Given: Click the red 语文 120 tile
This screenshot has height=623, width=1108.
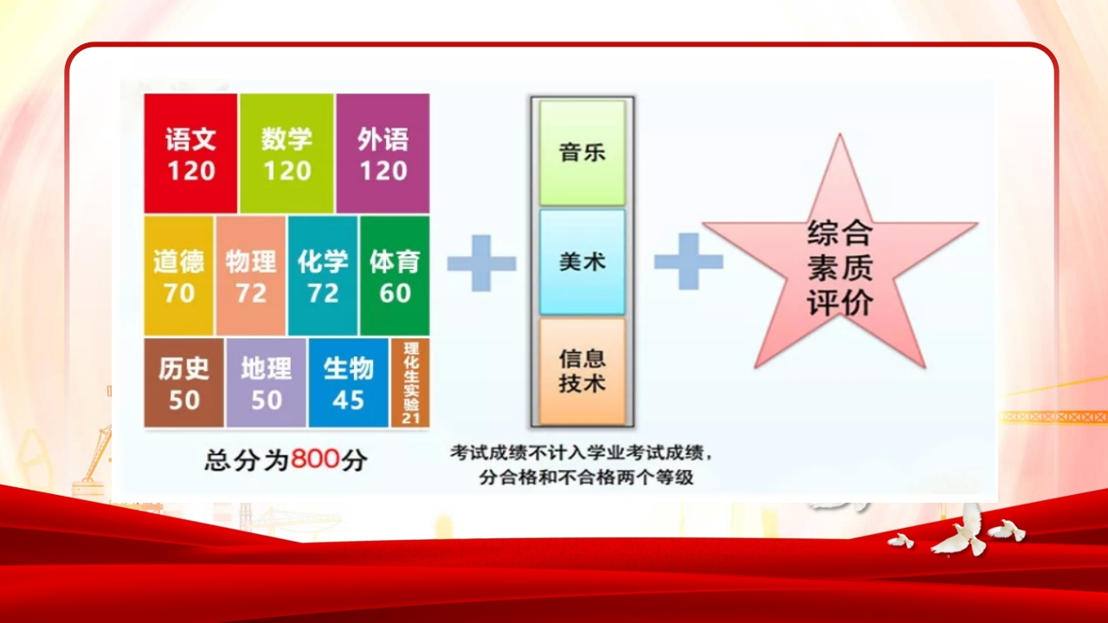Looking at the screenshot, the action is tap(190, 153).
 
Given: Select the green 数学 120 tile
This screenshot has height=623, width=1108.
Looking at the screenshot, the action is tap(287, 153).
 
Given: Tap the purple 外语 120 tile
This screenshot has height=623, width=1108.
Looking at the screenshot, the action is tap(383, 153).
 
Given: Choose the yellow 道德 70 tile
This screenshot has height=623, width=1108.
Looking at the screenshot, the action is tap(178, 276).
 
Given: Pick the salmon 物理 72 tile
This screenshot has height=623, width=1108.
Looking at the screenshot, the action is tap(251, 276).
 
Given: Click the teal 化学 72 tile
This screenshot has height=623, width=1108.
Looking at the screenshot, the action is tap(323, 276).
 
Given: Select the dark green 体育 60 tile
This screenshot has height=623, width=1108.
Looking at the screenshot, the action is tap(395, 276).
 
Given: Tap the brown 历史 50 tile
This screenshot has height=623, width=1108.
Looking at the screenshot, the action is tap(184, 382).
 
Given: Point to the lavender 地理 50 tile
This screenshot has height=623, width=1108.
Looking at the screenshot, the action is tap(266, 382).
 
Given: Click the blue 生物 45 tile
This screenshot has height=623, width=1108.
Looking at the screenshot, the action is tap(349, 382).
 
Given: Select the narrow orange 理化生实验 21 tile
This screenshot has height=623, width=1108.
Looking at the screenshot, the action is tap(410, 382).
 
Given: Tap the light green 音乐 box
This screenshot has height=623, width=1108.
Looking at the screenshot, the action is tap(583, 153).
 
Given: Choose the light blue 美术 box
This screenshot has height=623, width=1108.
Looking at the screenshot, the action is tap(583, 262).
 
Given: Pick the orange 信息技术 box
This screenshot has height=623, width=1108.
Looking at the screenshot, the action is tap(583, 371).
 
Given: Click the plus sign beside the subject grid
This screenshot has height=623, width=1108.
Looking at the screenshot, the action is tap(481, 262).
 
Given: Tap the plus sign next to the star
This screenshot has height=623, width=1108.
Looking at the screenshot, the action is tap(688, 261).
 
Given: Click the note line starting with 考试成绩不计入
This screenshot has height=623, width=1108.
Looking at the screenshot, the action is tap(581, 453).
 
